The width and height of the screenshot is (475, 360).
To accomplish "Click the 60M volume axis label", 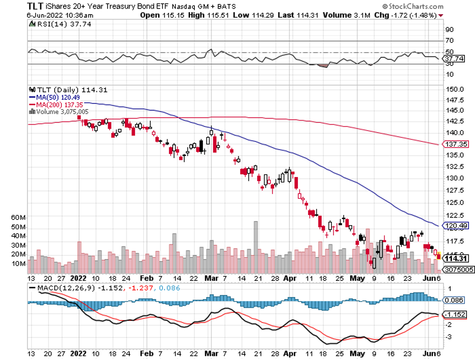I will tap(18, 217).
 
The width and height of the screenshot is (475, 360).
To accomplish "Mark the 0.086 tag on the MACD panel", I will tap(453, 300).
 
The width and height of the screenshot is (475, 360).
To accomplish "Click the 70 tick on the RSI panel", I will tap(449, 41).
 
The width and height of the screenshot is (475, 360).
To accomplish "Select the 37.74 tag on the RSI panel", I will tap(453, 58).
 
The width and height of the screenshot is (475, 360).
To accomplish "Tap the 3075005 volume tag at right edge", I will tap(459, 270).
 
